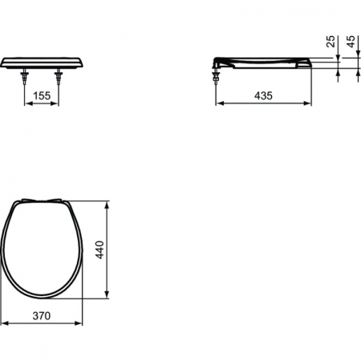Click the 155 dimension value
pos(45,95)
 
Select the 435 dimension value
pos(264,95)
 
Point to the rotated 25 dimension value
pos(331,41)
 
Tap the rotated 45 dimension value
pos(350,41)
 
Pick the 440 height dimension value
pos(99,250)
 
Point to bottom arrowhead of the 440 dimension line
pos(107,298)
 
